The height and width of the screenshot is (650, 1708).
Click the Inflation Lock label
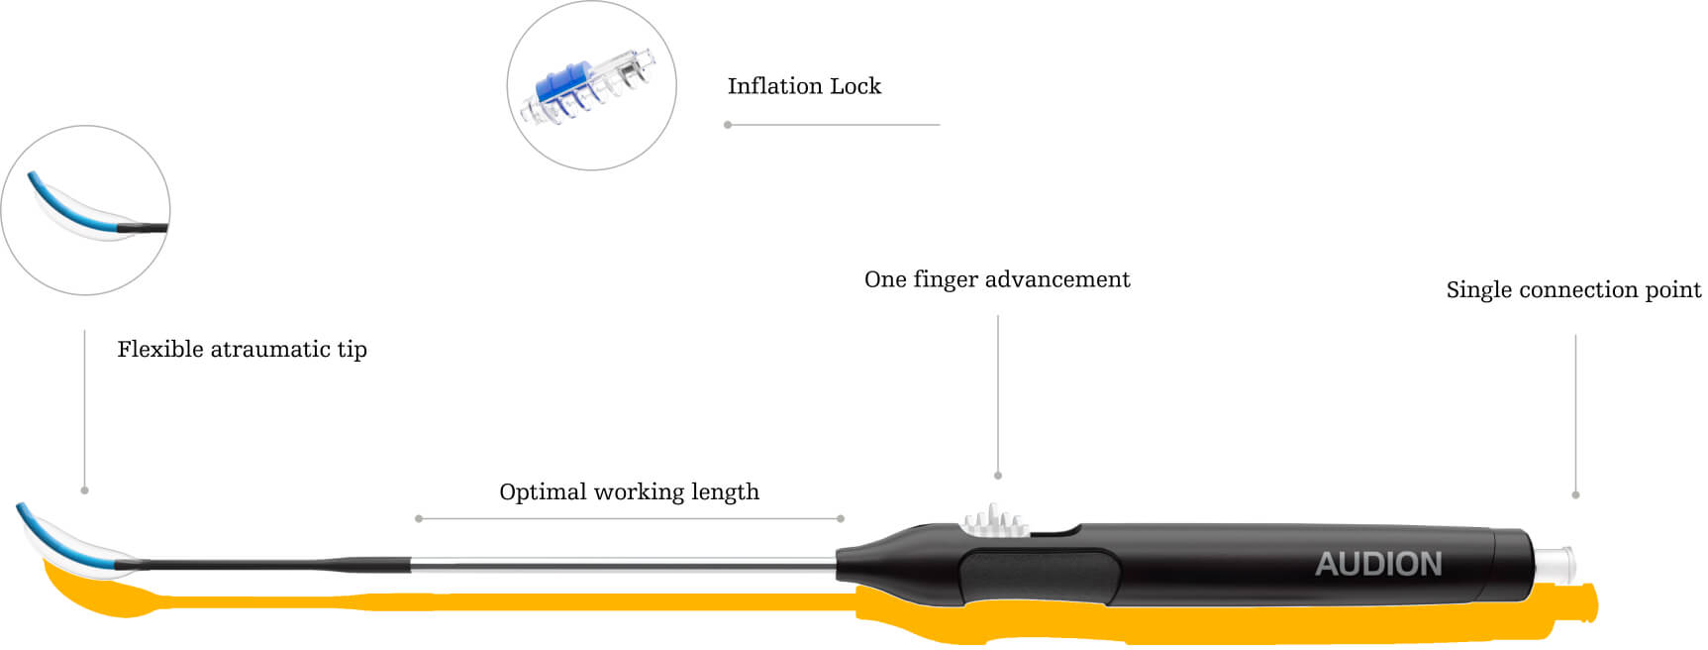click(x=803, y=87)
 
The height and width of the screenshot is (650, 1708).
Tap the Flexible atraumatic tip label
click(x=242, y=350)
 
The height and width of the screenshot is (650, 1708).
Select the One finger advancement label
click(x=996, y=280)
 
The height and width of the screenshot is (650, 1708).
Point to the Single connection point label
click(x=1572, y=290)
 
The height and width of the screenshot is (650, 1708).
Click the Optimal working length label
click(x=629, y=492)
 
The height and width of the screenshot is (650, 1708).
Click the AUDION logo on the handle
click(x=1378, y=565)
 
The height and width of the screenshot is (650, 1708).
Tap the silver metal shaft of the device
click(x=624, y=566)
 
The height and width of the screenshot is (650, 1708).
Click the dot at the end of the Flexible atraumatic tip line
click(x=84, y=490)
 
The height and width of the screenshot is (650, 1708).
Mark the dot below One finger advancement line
click(x=998, y=476)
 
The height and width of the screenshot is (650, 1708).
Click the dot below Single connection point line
click(x=1575, y=494)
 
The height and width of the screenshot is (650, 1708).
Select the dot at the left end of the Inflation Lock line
click(x=728, y=125)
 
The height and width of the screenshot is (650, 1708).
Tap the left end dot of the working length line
click(x=419, y=518)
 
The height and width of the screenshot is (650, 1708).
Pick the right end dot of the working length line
click(x=841, y=518)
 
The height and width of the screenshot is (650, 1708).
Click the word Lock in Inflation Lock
click(x=855, y=87)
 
